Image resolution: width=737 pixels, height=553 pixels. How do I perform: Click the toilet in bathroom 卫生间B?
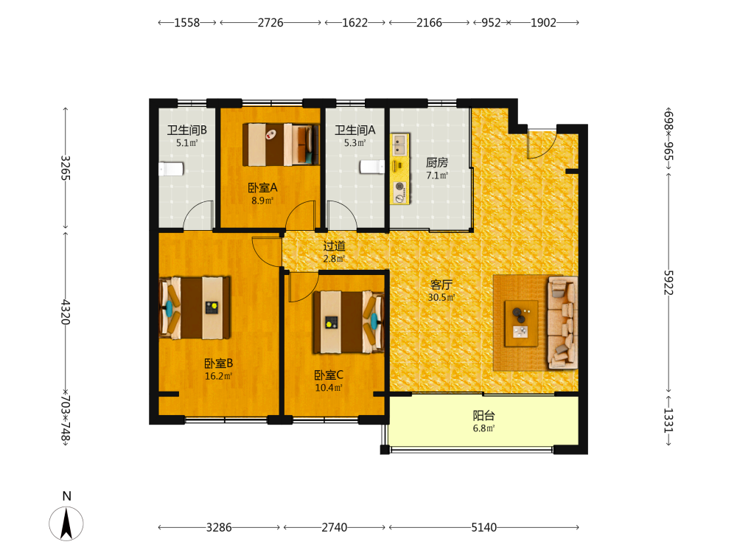171,169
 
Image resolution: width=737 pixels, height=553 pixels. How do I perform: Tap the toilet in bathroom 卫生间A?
372,167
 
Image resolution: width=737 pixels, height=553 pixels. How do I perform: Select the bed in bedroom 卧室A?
281,145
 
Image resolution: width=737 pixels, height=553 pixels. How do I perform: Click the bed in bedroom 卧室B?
195,307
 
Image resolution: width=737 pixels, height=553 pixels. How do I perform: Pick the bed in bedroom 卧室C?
349,321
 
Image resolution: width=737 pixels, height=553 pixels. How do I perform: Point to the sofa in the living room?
562,323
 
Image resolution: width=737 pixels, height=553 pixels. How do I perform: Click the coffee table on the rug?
521,324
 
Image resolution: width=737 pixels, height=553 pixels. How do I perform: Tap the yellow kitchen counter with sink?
400,169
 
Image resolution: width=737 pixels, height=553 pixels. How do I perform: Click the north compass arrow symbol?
66,523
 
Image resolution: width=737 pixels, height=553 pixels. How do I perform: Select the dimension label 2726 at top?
270,23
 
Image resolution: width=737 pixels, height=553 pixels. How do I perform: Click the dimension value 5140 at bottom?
483,528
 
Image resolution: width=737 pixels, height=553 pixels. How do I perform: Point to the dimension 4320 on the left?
66,312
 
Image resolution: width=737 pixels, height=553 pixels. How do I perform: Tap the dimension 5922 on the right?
668,282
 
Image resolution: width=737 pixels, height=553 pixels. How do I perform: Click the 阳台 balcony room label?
483,416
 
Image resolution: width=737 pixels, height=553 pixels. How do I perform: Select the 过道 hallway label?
334,246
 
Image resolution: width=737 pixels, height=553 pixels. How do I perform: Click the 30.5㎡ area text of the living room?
441,297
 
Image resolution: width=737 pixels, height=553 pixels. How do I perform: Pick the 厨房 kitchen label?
437,163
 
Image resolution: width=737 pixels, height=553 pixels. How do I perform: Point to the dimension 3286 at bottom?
219,528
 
